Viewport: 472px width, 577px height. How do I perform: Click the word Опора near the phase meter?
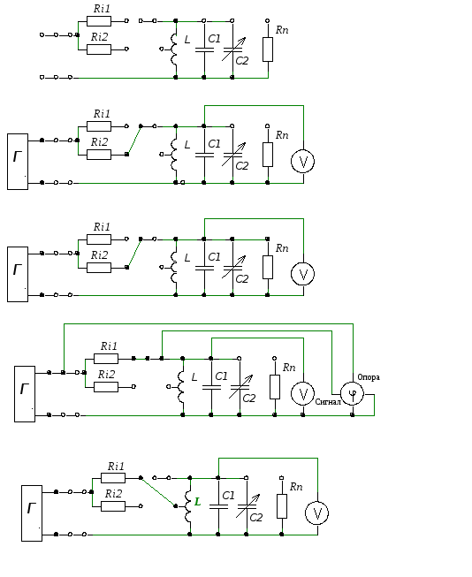coord(369,377)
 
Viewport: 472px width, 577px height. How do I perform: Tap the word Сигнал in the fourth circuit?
coord(328,402)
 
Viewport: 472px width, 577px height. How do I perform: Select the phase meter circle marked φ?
coord(353,394)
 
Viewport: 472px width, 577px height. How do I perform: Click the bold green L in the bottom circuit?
coord(198,502)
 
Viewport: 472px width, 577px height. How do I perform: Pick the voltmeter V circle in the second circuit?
coord(302,161)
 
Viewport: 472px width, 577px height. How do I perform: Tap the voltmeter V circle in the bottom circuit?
coord(317,513)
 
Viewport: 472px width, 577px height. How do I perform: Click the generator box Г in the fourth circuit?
coord(25,394)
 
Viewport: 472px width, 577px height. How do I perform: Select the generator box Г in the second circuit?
coord(18,162)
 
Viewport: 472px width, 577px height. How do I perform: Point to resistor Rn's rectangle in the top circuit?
coord(268,49)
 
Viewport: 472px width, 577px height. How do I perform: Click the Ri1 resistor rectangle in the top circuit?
coord(99,21)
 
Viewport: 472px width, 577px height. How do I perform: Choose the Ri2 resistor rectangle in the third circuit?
coord(99,268)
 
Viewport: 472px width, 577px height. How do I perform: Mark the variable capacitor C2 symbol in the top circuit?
coord(233,49)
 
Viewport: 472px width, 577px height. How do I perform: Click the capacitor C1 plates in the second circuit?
coord(204,155)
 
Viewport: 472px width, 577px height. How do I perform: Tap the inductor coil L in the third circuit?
coord(174,268)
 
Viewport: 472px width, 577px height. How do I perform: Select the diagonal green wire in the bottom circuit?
coord(158,492)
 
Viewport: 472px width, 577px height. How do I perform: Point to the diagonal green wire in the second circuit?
coord(133,140)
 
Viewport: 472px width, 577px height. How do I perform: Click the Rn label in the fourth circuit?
coord(289,368)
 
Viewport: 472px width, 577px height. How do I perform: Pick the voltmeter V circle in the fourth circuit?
coord(302,394)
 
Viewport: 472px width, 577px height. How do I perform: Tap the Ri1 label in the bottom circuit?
coord(116,467)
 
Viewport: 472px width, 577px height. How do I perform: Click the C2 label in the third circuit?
coord(242,279)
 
